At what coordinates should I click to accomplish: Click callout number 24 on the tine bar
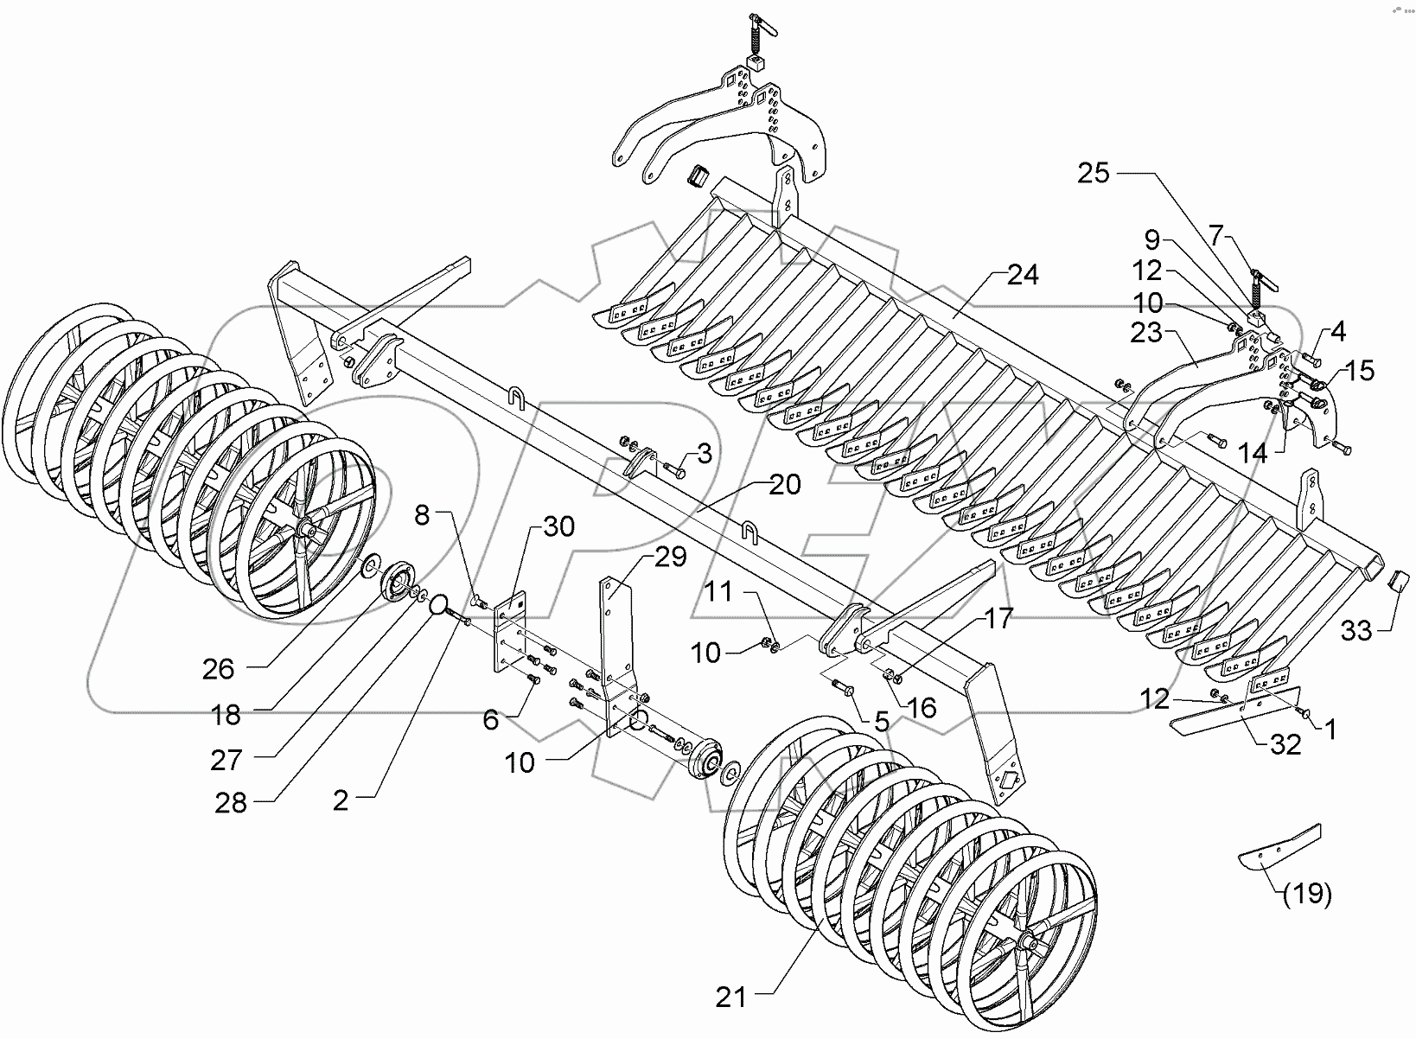(x=1023, y=277)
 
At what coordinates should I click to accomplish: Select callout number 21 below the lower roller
(x=730, y=998)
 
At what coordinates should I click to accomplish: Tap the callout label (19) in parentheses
(x=1306, y=895)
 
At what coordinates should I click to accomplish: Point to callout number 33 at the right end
(x=1356, y=632)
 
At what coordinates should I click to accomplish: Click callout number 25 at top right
(x=1093, y=173)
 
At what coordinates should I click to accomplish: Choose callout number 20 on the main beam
(x=785, y=485)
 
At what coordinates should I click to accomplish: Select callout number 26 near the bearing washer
(x=219, y=668)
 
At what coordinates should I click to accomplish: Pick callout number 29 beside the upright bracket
(x=670, y=558)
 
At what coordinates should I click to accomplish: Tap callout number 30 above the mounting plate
(x=559, y=526)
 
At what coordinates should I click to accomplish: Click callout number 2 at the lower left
(x=341, y=800)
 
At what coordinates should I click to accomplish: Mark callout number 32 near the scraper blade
(x=1286, y=744)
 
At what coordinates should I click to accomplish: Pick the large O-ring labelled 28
(x=440, y=603)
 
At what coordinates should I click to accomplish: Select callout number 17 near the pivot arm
(x=997, y=619)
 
